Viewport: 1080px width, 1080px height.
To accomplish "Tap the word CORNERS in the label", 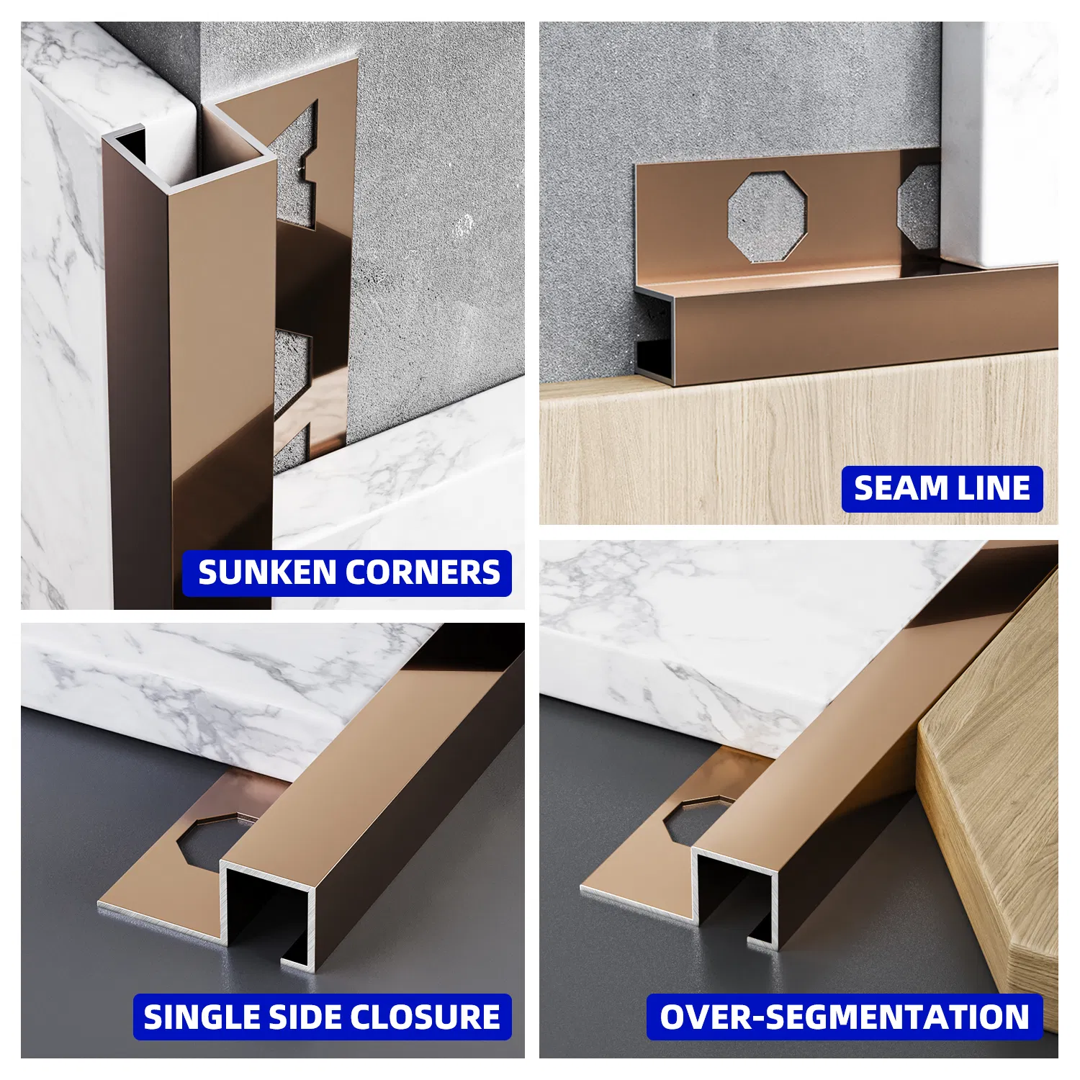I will click(423, 573).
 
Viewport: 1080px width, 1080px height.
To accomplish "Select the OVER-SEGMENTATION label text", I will click(845, 1017).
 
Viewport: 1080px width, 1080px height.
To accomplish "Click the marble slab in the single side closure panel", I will click(216, 691).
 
